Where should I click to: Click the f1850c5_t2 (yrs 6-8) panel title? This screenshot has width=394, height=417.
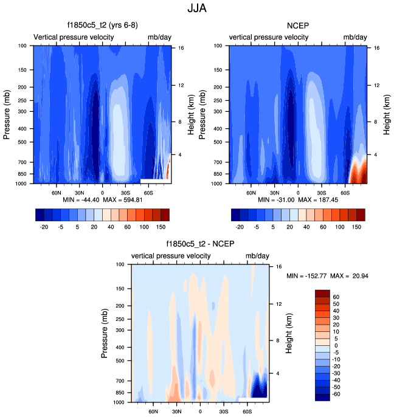(102, 26)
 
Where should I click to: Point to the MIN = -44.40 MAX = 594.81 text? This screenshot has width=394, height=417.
(102, 199)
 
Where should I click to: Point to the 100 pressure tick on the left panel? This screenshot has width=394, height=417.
(21, 46)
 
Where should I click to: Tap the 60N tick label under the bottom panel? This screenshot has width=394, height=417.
(153, 411)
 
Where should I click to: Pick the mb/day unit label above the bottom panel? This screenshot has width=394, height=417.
(255, 256)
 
